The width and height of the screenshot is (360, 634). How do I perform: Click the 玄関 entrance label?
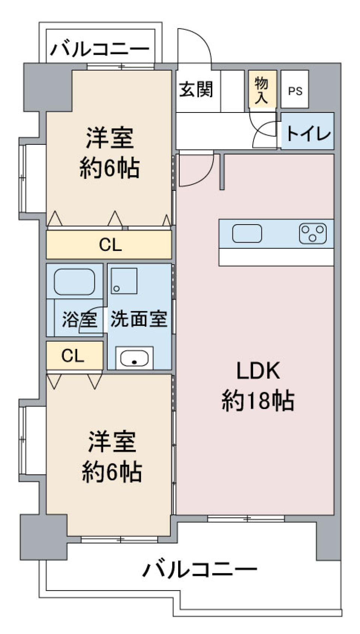[x=196, y=90]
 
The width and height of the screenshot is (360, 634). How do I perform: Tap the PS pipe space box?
[x=295, y=91]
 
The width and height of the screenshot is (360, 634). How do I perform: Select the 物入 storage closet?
[x=262, y=90]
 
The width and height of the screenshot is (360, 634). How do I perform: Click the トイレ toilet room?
[x=308, y=133]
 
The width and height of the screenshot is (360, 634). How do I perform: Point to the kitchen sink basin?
[x=247, y=233]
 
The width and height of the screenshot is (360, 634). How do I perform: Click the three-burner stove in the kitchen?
[x=312, y=233]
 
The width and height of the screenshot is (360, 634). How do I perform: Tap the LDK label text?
[x=258, y=370]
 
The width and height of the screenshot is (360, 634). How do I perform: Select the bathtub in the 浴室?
[x=74, y=281]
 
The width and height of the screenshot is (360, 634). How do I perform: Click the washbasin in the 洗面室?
[x=134, y=358]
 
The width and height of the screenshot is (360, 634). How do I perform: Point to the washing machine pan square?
[x=124, y=281]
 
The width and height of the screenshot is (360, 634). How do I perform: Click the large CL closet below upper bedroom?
[x=109, y=245]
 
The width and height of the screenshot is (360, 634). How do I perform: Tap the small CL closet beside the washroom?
[x=73, y=355]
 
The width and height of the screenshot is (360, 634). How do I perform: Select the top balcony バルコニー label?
[x=100, y=49]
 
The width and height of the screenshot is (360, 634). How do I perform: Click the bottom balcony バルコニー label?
[x=200, y=569]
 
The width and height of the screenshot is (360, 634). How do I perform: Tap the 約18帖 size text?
[x=258, y=400]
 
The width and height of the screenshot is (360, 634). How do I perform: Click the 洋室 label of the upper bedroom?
[x=109, y=138]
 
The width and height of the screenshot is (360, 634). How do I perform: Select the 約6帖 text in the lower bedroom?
[x=112, y=472]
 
